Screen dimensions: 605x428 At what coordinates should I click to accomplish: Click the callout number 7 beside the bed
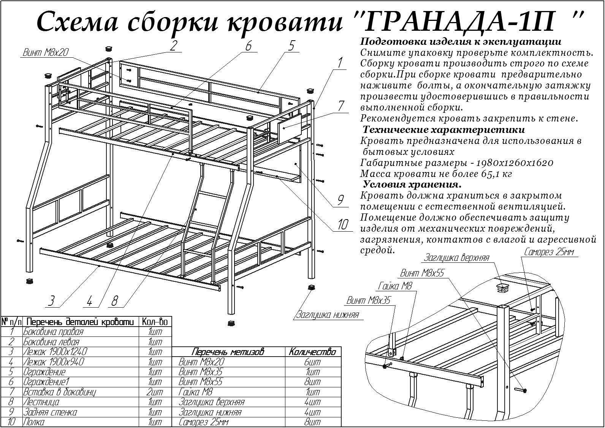341,106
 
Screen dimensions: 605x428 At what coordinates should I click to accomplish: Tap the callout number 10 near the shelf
342,224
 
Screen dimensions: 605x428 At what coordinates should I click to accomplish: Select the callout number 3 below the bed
51,301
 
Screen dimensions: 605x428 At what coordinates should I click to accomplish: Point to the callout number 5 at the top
291,46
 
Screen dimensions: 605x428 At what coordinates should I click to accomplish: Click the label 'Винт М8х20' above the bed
45,52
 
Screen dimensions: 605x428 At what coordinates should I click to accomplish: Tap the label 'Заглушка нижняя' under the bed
328,315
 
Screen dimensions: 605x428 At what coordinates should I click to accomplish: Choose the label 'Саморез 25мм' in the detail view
549,252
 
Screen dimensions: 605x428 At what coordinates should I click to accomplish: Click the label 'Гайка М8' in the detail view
395,286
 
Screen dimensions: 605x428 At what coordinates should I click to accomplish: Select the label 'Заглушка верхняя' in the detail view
457,258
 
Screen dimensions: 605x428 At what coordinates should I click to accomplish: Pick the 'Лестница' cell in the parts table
41,402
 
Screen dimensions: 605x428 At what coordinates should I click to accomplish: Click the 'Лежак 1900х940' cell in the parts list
54,362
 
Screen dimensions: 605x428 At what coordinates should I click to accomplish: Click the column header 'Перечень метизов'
228,352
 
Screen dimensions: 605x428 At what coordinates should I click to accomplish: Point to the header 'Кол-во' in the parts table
155,322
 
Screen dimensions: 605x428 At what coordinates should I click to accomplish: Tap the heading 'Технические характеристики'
443,130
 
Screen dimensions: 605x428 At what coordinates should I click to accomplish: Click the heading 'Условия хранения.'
412,185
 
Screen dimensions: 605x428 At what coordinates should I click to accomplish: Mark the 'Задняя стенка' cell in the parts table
50,412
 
